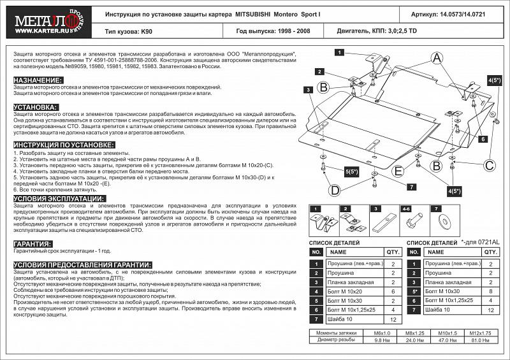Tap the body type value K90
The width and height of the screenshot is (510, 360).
coord(146,30)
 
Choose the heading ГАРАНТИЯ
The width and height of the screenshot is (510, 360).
coord(33,244)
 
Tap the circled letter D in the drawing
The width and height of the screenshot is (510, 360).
coord(333,190)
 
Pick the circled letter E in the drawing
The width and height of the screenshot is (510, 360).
coord(398,171)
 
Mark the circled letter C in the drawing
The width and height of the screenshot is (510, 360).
coord(490,166)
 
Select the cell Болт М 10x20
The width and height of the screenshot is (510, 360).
coord(344,291)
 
